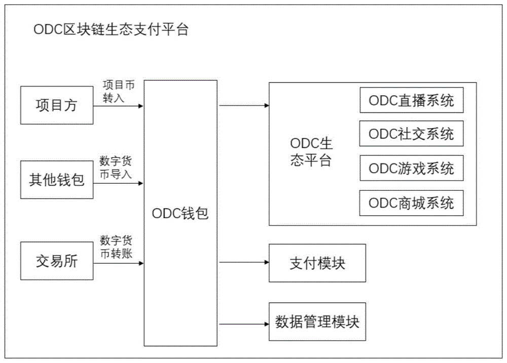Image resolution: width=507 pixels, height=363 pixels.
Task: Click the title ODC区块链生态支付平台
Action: point(111,30)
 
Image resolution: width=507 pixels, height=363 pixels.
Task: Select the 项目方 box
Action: point(57,105)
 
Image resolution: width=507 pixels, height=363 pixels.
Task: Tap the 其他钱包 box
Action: point(57,180)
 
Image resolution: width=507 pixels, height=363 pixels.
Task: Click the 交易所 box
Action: point(57,261)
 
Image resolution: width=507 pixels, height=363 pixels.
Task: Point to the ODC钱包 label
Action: point(180,214)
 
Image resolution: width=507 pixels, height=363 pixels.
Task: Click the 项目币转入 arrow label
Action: point(119,91)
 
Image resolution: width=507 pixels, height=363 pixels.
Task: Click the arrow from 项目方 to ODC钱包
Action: point(119,106)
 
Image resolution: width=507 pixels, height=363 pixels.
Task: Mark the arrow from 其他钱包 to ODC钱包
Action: point(119,183)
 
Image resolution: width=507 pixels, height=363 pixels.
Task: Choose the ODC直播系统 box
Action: point(411,100)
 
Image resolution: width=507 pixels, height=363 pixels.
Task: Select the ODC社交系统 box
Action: point(411,134)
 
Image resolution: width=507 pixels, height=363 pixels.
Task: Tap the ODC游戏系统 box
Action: point(411,168)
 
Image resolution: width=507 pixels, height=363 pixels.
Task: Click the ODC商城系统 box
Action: point(411,203)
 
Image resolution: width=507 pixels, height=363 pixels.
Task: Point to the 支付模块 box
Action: point(317,263)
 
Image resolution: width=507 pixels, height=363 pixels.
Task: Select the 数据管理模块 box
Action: point(317,322)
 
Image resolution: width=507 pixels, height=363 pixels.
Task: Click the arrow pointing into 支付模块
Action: point(243,263)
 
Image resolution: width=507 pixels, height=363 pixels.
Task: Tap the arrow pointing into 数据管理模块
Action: point(243,323)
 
